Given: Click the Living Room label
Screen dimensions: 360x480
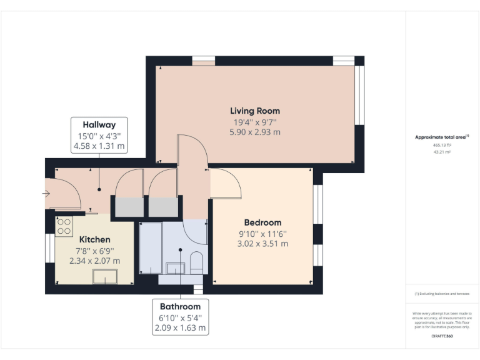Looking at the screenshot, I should [x=255, y=111].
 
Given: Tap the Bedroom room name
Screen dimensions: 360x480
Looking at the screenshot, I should [x=262, y=222].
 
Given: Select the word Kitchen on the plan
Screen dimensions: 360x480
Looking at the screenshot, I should [x=94, y=239].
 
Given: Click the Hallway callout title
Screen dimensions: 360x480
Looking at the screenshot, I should [x=99, y=125].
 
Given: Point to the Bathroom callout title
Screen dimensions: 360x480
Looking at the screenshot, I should [x=180, y=306].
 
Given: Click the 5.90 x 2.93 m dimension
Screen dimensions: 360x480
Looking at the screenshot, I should [x=255, y=132].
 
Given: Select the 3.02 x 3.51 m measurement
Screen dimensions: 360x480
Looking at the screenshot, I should [x=262, y=244].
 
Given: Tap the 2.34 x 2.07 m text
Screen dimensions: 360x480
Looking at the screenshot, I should [x=94, y=261].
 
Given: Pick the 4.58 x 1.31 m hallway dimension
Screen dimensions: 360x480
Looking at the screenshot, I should [x=99, y=146].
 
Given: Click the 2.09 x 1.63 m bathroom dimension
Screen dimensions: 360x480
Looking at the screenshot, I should [x=180, y=327].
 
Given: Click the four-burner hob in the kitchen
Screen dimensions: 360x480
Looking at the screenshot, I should [x=64, y=226].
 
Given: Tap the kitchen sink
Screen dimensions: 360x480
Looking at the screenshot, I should [x=104, y=276].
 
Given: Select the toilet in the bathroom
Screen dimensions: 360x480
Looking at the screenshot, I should [x=196, y=262].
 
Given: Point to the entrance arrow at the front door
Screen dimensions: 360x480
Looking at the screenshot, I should [x=46, y=194].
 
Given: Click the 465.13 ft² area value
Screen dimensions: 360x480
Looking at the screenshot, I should [x=442, y=144].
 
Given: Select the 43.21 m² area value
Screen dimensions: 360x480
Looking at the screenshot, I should [x=442, y=151].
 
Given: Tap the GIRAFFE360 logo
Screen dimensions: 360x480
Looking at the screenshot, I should [x=442, y=336].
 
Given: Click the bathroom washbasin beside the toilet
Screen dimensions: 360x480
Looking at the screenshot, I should [x=175, y=268].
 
